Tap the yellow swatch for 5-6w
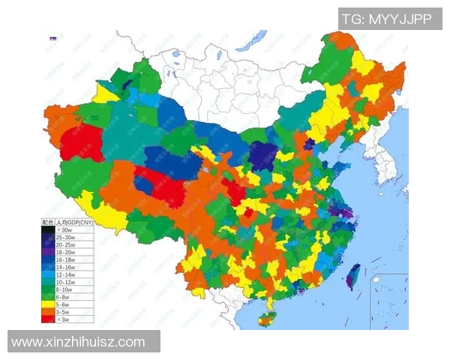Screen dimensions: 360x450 click(x=47, y=304)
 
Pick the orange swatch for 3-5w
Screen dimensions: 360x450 click(x=47, y=312)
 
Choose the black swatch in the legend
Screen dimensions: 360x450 click(x=47, y=229)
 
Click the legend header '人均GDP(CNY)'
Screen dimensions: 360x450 click(x=74, y=222)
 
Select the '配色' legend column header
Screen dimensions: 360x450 click(x=47, y=222)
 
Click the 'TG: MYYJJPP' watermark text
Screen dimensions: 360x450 click(x=386, y=19)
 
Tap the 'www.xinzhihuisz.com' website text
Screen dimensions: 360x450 click(x=78, y=342)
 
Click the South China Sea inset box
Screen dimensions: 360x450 click(x=389, y=301)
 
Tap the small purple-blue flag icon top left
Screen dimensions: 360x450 click(x=52, y=38)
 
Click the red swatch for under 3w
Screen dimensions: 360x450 click(x=47, y=319)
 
